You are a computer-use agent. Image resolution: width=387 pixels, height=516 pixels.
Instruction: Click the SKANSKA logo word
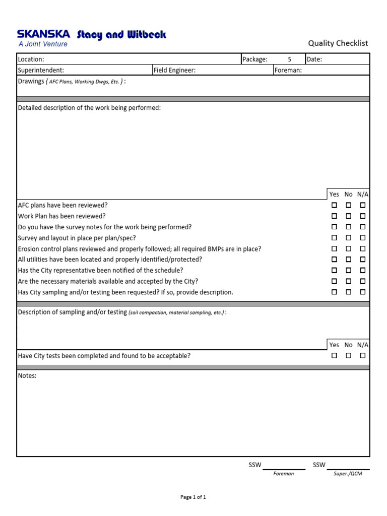point(44,34)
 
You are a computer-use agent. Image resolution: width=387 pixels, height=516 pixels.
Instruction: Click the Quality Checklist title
point(338,43)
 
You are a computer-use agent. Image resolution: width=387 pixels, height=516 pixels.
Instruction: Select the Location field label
point(31,59)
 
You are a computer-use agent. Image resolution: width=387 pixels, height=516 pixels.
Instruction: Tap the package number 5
point(289,59)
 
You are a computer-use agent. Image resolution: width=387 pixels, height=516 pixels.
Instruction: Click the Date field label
point(314,59)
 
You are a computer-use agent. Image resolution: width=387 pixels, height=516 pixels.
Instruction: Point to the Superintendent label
point(41,71)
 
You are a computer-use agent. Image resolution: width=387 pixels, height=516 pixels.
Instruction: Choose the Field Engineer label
point(175,71)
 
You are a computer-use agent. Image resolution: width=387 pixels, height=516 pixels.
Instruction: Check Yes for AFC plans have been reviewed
point(334,206)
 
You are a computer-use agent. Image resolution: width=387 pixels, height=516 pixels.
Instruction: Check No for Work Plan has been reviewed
point(348,216)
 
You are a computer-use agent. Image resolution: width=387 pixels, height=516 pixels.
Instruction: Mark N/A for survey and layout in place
point(363,238)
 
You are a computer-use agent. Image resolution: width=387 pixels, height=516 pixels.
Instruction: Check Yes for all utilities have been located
point(334,260)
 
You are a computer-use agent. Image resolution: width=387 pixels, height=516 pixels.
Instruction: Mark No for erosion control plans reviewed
point(348,249)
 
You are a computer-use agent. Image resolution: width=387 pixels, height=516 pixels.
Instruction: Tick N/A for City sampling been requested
point(363,292)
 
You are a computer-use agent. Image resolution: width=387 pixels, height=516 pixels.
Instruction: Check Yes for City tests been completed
point(334,356)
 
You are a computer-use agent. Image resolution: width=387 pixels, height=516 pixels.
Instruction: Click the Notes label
point(27,376)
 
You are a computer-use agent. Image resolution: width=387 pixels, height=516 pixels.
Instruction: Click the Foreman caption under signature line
point(284,474)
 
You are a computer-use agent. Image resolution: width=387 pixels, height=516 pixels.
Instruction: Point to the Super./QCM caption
point(348,474)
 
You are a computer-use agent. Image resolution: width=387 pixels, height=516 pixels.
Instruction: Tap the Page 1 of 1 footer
point(193,497)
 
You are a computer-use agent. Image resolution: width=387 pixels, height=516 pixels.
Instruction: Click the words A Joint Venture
point(43,44)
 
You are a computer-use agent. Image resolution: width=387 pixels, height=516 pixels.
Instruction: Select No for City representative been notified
point(348,271)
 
